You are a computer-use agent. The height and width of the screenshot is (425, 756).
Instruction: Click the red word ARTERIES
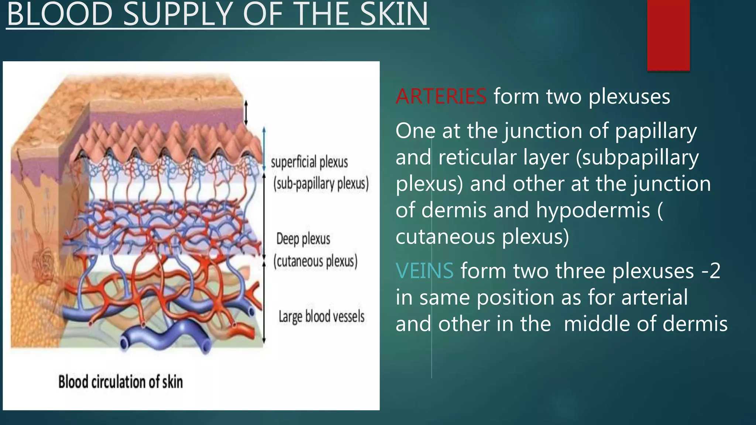(x=441, y=97)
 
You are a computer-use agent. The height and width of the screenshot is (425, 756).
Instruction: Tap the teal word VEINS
(x=425, y=271)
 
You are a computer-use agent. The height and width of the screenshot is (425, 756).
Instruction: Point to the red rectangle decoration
(x=668, y=35)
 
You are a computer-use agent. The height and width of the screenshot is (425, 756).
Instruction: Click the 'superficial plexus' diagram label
(x=309, y=162)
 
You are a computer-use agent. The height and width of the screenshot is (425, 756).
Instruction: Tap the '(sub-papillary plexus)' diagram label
(x=321, y=183)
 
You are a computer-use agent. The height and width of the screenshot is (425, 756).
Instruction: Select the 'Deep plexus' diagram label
(x=303, y=239)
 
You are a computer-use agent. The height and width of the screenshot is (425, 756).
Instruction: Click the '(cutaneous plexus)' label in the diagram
(x=315, y=261)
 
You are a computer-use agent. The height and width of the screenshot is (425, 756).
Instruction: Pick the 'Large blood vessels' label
(x=322, y=317)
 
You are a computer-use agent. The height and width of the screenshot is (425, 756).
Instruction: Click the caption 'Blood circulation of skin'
(x=120, y=382)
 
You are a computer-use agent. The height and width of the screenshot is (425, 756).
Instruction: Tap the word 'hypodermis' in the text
(x=593, y=210)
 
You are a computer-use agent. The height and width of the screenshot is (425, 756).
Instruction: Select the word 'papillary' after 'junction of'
(x=656, y=131)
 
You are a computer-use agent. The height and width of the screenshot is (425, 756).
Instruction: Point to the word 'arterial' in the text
(x=654, y=297)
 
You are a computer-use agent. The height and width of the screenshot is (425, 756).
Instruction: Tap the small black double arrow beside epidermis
(x=246, y=112)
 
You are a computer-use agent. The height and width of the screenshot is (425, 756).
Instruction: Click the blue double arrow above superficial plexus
(x=264, y=149)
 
